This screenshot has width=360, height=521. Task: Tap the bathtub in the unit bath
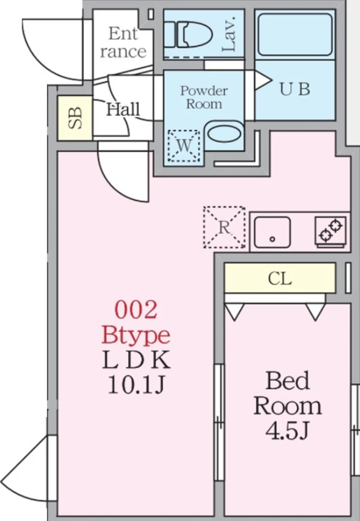coord(295,34)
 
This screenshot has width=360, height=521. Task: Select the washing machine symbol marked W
coord(184,146)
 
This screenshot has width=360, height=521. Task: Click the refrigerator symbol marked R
coord(224,227)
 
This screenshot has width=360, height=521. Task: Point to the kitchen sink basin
coord(272,232)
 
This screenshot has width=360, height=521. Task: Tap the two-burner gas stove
coord(331,231)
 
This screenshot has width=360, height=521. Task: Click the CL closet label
coord(280,279)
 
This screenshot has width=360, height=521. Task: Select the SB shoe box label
coord(76,118)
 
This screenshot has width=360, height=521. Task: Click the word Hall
coord(123,109)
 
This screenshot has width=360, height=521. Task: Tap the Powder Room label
coord(204,97)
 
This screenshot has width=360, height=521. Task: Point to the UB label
coord(295,89)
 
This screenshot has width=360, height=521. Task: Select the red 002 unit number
coord(136,309)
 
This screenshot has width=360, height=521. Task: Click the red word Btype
coord(136,335)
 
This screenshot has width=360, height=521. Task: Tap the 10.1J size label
coord(136,386)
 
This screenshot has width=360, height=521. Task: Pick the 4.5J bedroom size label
coord(288,431)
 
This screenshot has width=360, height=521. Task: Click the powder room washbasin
coord(224,134)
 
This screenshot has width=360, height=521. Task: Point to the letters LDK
coord(136,360)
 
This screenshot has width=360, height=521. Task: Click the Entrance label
coord(123,43)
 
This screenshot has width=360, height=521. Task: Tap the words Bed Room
coord(288,393)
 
